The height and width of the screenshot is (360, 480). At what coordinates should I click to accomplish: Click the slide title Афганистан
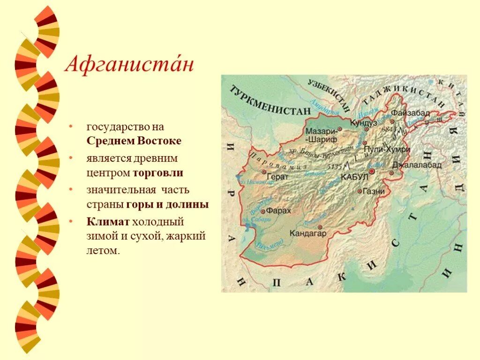tap(129, 64)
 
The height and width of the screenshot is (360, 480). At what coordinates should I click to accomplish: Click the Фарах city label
tap(281, 211)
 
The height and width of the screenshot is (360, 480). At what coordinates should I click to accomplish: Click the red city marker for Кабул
tap(372, 172)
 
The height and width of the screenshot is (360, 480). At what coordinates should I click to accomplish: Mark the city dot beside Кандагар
tap(320, 227)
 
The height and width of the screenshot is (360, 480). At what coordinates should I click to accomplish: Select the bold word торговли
tap(157, 173)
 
